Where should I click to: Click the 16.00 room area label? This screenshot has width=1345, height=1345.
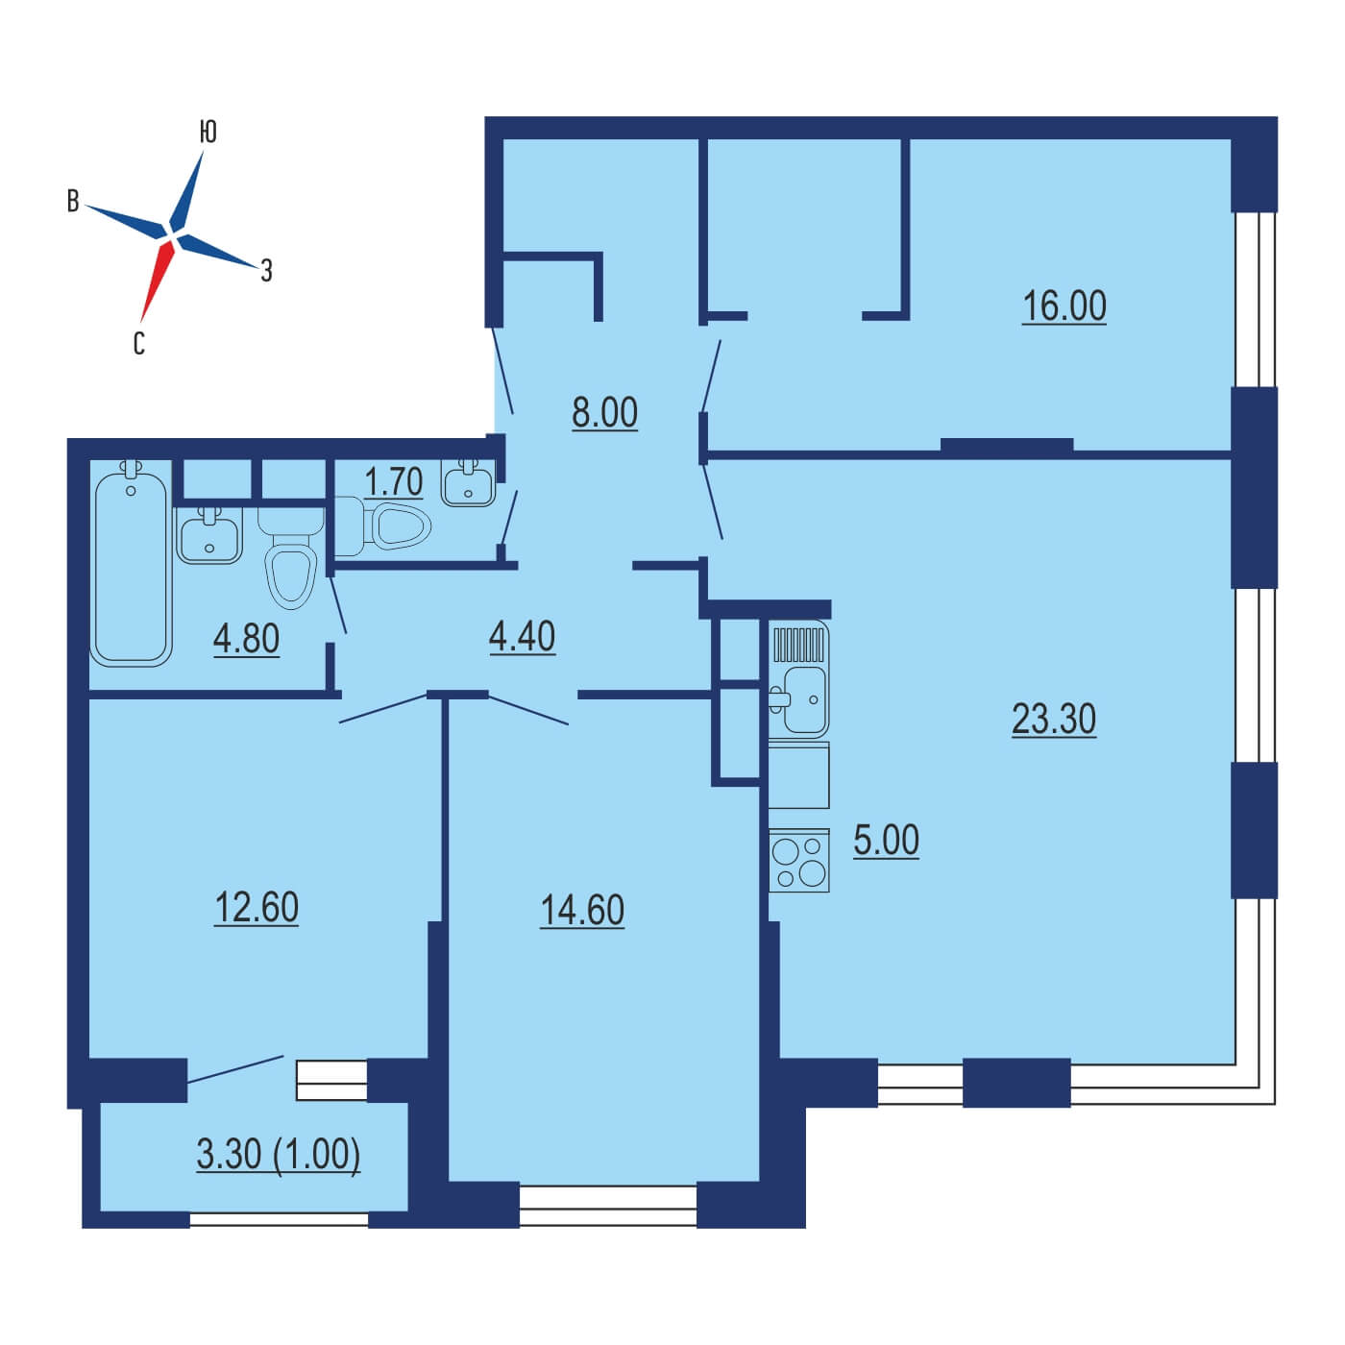pos(1064,306)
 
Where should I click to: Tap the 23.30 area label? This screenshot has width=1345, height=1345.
pos(1053,719)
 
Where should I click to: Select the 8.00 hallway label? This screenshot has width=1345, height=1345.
pos(604,412)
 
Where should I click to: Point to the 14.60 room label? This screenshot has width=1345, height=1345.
pos(582,911)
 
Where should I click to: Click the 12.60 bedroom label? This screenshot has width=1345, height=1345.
pos(257,908)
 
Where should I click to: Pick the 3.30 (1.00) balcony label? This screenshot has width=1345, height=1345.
pos(279,1154)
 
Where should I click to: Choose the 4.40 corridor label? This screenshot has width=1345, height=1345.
pos(522,637)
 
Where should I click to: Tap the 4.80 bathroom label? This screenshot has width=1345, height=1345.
pos(246,639)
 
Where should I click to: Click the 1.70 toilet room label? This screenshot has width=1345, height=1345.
pos(394,481)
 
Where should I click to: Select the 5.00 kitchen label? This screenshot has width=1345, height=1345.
pos(886,841)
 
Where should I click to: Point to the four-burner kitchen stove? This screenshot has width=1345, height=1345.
pos(798,861)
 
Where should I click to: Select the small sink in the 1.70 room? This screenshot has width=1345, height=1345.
pos(468,482)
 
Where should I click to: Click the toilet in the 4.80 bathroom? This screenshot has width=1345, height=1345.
pos(291,557)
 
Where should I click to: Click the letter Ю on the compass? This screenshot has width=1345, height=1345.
pos(208,132)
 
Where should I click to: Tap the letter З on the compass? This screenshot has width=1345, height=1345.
pos(266,270)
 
